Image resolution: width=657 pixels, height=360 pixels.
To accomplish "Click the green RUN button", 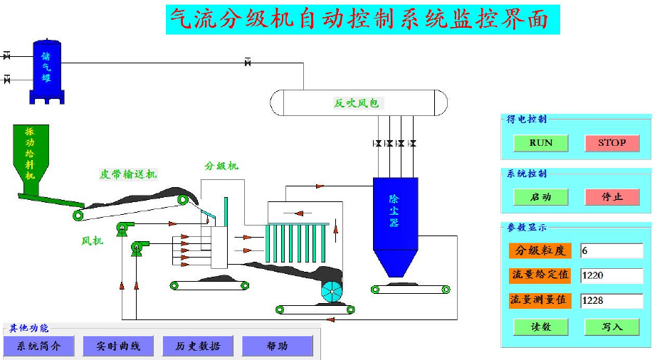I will click(x=541, y=143).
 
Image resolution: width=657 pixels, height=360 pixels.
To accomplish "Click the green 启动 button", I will click(x=541, y=197).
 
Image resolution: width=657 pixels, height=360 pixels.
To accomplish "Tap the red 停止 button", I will click(x=611, y=197).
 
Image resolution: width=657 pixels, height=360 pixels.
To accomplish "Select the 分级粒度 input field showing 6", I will click(x=611, y=250).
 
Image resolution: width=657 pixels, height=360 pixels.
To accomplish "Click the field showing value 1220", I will click(x=611, y=275).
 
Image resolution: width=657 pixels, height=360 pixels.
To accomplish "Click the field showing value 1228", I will click(x=611, y=300).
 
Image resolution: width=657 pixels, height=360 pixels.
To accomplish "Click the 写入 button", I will click(x=611, y=327).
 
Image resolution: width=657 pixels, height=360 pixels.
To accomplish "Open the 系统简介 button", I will click(x=38, y=346).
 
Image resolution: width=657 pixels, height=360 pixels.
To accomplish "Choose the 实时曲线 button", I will click(x=117, y=346).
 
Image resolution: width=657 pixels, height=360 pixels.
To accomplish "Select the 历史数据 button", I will click(x=197, y=346).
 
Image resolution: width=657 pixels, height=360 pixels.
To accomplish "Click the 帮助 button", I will click(x=277, y=346).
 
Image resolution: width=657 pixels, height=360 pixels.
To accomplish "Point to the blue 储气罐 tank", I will click(x=46, y=70).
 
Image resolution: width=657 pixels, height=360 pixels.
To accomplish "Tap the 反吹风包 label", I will click(x=357, y=103).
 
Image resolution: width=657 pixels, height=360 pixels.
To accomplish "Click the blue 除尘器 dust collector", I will click(x=395, y=213).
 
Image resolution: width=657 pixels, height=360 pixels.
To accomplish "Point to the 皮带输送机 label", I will click(x=128, y=174).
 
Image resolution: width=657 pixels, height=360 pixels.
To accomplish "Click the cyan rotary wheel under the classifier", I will click(x=332, y=292).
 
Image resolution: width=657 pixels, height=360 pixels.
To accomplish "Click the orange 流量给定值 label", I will click(x=540, y=275).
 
